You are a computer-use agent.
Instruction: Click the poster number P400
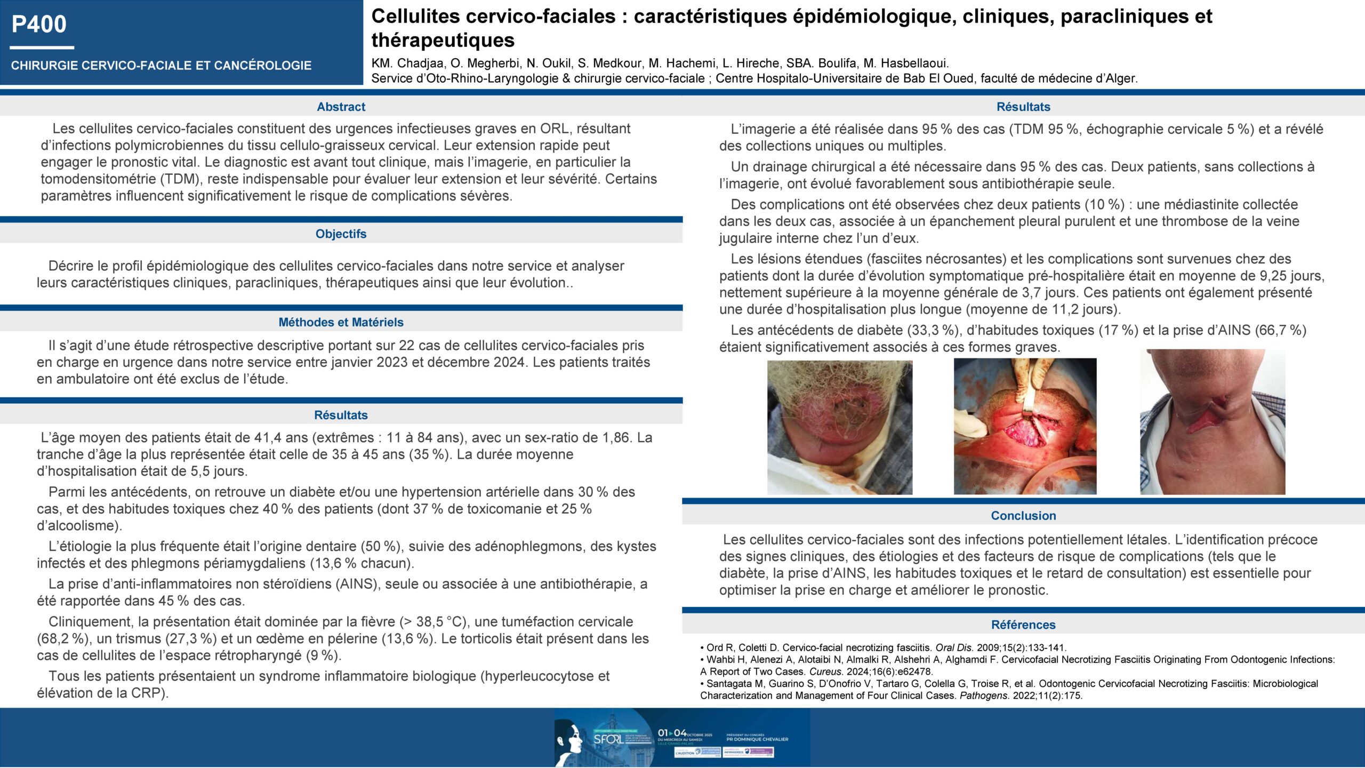(x=39, y=25)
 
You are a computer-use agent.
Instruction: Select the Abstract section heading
(x=341, y=107)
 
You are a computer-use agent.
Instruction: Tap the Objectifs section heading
(x=341, y=234)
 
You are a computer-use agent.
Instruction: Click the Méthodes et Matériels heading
(x=341, y=322)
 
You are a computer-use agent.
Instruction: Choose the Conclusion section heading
(x=1023, y=516)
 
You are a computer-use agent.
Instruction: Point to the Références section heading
(x=1023, y=625)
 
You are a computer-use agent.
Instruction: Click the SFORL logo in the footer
(x=608, y=739)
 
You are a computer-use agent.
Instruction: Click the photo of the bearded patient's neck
(x=840, y=427)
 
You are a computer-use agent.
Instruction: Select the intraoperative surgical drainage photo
(x=1025, y=426)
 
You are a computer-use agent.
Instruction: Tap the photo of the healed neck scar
(x=1213, y=422)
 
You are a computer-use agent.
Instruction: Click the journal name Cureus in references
(x=825, y=671)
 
